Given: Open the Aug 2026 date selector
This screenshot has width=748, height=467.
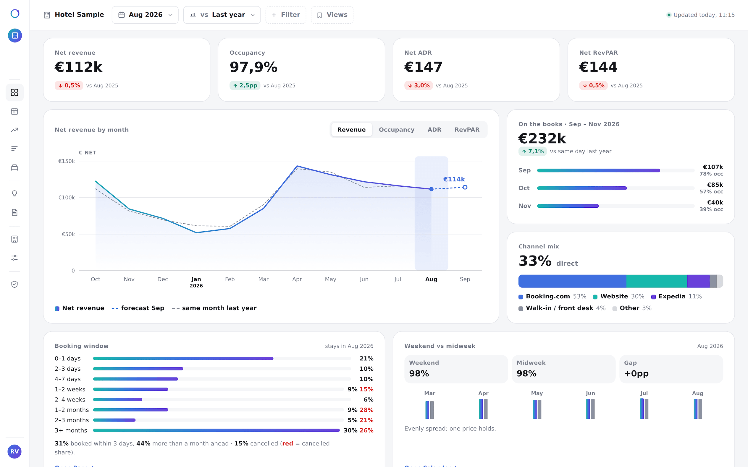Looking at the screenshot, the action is (145, 15).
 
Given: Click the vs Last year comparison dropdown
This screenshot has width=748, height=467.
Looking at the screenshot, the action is (222, 15).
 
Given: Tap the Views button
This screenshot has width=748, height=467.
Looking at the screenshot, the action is (332, 15).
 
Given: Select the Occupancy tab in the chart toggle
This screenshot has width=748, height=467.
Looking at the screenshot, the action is (396, 130).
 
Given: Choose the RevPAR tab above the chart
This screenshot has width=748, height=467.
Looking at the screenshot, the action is (467, 130).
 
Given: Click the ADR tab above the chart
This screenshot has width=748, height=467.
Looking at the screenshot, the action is (434, 130).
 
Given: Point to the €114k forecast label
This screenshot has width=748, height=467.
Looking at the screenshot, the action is (454, 179).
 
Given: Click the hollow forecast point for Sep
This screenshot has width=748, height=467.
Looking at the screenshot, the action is (465, 187).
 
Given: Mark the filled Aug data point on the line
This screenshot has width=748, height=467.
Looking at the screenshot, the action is (431, 189).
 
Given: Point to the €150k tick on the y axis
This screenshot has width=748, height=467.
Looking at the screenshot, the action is (67, 161).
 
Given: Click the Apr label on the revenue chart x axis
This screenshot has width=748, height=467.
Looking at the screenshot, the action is (297, 279).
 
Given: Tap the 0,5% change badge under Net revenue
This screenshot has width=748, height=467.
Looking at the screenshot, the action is (69, 86).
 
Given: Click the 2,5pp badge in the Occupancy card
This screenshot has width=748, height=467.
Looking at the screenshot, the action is (245, 86).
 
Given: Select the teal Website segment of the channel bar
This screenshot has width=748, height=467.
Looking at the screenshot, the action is (657, 281).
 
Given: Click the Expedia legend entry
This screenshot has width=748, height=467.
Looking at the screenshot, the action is (676, 297).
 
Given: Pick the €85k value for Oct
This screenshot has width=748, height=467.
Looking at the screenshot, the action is (715, 185).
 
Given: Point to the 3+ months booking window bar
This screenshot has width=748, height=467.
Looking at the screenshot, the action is (216, 430).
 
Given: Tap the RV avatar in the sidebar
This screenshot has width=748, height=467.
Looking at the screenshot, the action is (14, 452).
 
